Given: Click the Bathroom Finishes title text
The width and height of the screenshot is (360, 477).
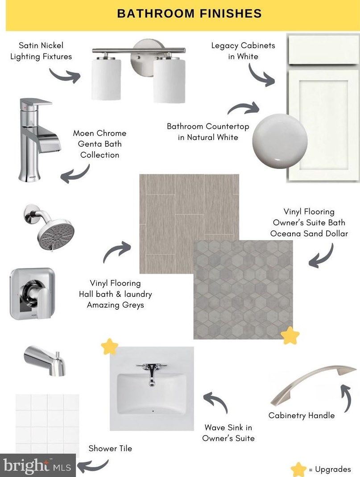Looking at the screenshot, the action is [189, 14].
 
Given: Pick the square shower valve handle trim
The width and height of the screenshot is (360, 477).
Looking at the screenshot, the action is [32, 294].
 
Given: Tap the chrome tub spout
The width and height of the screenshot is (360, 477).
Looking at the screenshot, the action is [45, 361].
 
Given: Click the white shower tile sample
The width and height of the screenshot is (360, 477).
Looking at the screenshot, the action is [47, 424].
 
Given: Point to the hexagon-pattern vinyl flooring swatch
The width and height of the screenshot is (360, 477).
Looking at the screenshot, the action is [243, 290].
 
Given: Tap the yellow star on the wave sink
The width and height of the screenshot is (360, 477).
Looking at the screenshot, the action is [109, 346].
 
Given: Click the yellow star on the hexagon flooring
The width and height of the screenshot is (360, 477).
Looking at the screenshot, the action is [290, 336].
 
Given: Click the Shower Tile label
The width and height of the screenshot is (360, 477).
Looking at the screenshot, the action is [110, 448].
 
